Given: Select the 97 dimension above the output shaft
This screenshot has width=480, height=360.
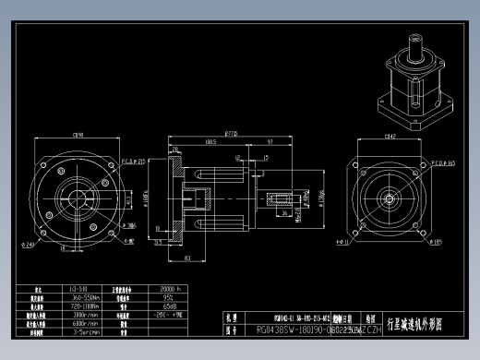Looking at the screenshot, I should [268, 142].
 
